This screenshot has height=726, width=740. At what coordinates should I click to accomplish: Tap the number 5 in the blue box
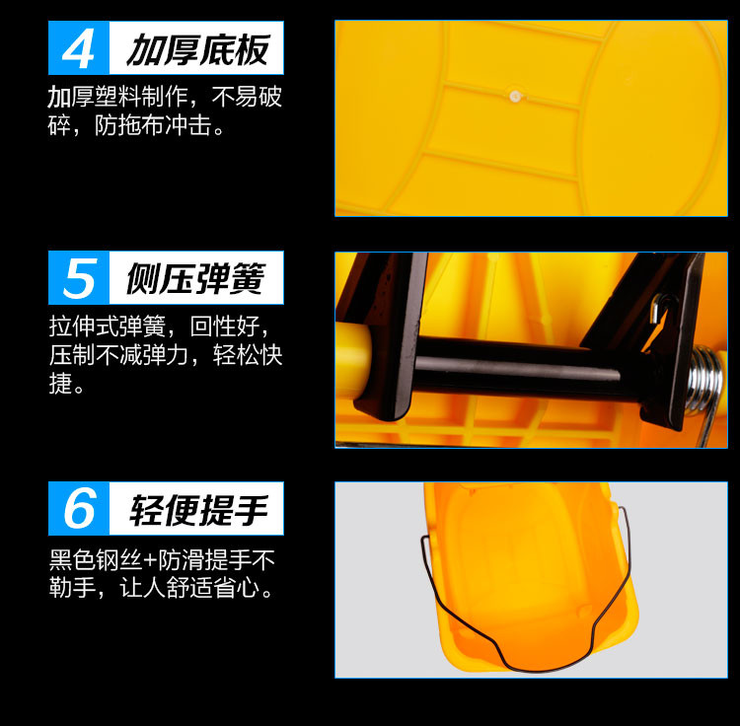[x=80, y=278]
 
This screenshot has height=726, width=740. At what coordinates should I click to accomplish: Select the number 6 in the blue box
[x=80, y=508]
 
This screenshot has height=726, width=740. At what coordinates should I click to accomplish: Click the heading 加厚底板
[x=198, y=49]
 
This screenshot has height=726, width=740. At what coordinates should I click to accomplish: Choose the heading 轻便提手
[x=199, y=509]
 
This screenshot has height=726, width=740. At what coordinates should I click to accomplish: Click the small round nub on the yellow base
[x=515, y=96]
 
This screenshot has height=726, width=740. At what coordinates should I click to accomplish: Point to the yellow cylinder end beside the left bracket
[x=353, y=358]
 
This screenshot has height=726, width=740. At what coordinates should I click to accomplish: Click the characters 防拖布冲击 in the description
[x=153, y=125]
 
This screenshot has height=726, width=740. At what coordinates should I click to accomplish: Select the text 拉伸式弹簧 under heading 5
[x=107, y=326]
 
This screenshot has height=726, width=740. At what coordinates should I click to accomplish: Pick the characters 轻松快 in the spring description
[x=248, y=354]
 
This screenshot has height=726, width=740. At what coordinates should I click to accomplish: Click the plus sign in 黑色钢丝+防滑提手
[x=150, y=560]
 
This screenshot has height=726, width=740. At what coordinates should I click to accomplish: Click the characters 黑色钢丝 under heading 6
[x=96, y=560]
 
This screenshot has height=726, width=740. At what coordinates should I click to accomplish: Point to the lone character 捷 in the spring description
[x=60, y=383]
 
